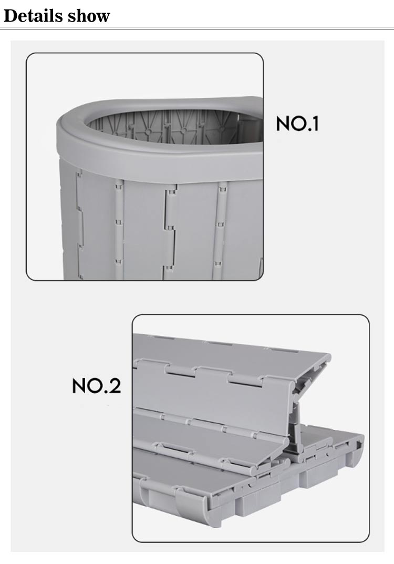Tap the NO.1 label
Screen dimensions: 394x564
coord(297,124)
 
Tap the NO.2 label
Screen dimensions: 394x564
coord(96,385)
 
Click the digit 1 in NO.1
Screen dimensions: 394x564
coord(315,124)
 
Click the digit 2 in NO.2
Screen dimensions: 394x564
coord(115,385)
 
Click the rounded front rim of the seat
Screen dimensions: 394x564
coord(158,158)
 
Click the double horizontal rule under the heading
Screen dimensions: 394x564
coord(197,28)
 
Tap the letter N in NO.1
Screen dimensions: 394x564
coord(283,124)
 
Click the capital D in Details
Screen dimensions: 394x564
coord(11,16)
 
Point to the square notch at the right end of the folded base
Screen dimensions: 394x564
coord(358,445)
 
